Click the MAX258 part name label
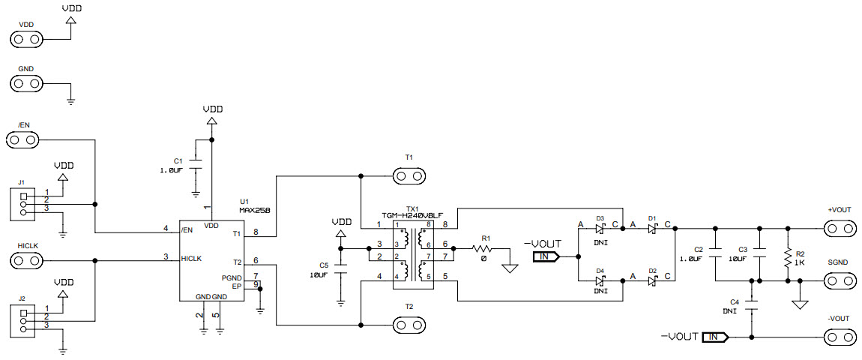tap(254, 211)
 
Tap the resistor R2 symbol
tap(788, 258)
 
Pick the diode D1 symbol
tap(652, 229)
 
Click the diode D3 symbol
tap(600, 229)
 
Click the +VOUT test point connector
tap(840, 228)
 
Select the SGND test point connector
tap(840, 281)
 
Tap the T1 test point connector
tap(409, 176)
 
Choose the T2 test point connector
tap(409, 325)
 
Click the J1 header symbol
tap(22, 204)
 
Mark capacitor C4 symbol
tap(752, 305)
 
